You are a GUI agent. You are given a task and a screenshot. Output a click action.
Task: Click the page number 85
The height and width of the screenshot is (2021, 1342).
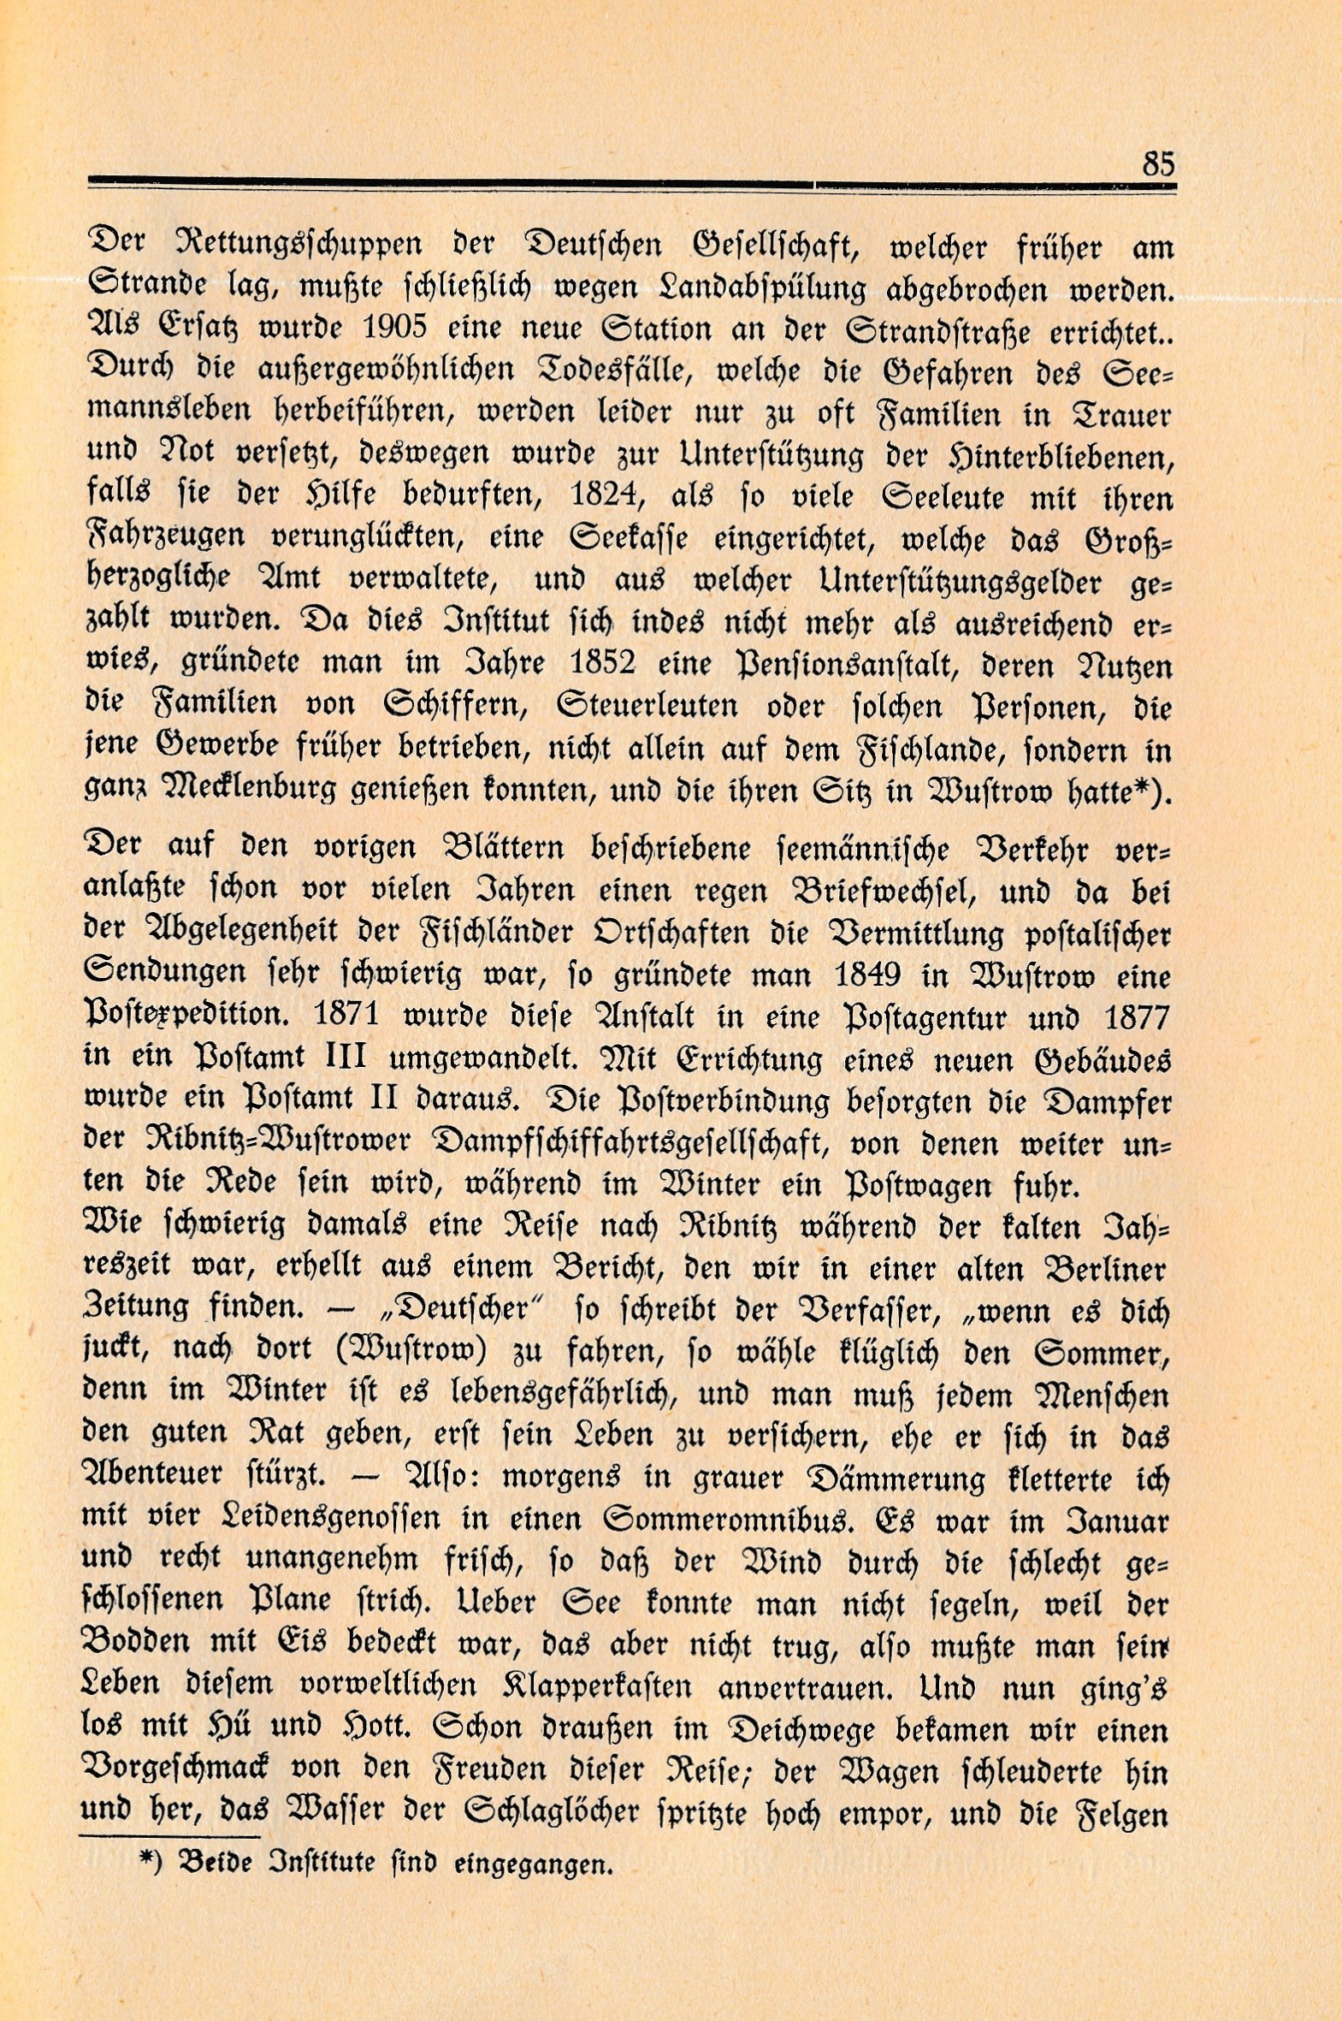pyautogui.click(x=1159, y=163)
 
